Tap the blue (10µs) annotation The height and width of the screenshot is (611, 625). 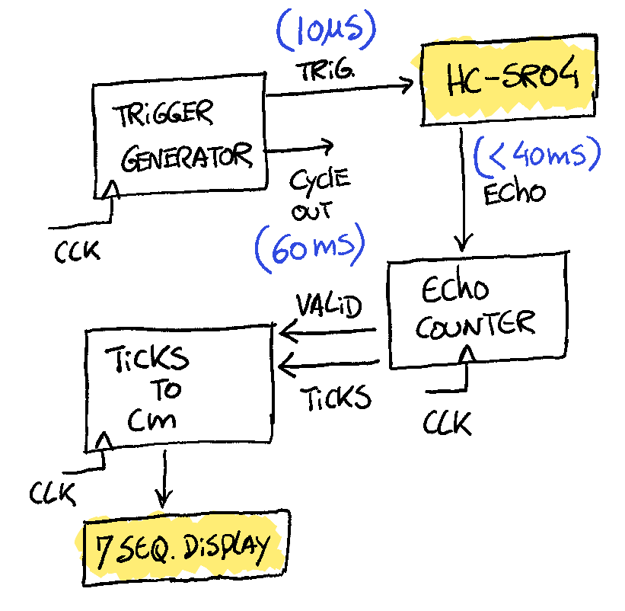(327, 30)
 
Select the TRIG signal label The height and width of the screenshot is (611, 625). (325, 71)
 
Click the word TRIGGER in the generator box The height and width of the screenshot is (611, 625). (163, 114)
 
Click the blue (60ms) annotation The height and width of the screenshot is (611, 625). (310, 248)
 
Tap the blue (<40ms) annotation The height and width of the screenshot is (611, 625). (537, 156)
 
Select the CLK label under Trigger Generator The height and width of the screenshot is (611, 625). (77, 251)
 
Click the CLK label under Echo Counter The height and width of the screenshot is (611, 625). (447, 423)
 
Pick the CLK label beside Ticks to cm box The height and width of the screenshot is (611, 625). (53, 493)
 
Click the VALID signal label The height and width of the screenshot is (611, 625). (328, 305)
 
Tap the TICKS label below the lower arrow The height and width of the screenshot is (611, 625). (336, 398)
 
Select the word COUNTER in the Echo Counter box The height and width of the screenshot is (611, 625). (476, 325)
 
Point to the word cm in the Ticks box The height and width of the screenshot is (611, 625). (151, 420)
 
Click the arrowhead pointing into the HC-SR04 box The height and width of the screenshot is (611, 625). (407, 84)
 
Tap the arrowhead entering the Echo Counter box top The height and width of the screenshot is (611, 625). (462, 242)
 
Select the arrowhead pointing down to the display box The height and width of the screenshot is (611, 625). (163, 498)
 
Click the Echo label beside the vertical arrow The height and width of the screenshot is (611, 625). (514, 193)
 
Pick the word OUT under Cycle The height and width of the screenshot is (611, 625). (311, 211)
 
